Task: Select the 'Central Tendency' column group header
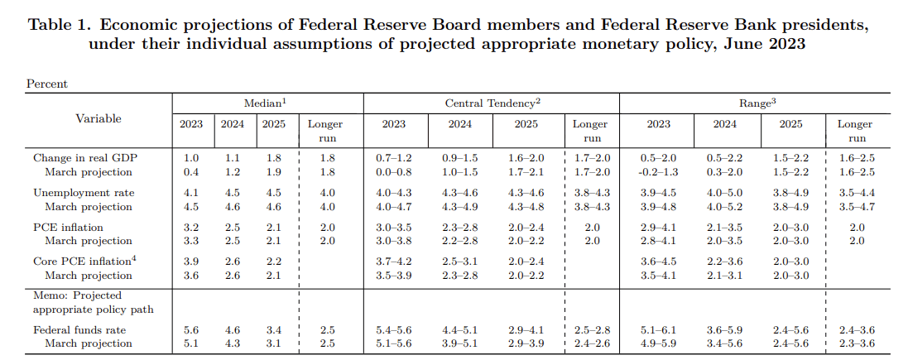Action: (x=492, y=102)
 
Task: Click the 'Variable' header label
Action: (x=98, y=118)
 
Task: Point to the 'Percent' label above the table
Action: (x=47, y=84)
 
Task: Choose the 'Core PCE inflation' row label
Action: (x=84, y=261)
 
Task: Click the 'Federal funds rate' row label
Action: (x=79, y=329)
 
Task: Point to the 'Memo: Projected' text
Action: (x=77, y=295)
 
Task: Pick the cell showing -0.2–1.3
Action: (x=658, y=172)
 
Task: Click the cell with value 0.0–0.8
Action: (x=393, y=172)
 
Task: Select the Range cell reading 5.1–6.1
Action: (x=658, y=329)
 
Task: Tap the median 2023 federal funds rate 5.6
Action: (x=191, y=329)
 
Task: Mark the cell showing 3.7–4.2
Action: (x=393, y=261)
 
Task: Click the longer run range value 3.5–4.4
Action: (x=856, y=192)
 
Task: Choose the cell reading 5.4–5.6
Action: (x=393, y=329)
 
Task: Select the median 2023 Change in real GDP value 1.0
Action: (x=191, y=157)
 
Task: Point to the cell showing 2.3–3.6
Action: (x=856, y=343)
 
